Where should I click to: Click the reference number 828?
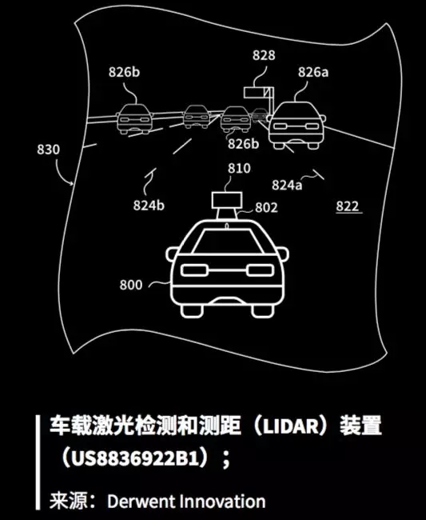click(264, 55)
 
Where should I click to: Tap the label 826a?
click(313, 72)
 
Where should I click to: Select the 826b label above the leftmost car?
click(124, 72)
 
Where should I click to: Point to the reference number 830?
click(49, 150)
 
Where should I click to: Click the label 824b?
click(149, 206)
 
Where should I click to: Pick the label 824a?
click(287, 185)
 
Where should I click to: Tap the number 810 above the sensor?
click(239, 169)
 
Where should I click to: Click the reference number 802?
click(266, 208)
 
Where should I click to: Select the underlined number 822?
click(348, 206)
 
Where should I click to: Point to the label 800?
click(131, 285)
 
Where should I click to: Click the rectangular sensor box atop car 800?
click(227, 200)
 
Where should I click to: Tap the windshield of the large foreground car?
click(227, 241)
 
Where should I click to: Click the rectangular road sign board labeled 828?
click(255, 93)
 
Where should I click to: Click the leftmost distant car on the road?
click(134, 118)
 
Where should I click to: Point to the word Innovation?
click(223, 501)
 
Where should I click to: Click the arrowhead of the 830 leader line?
click(72, 183)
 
